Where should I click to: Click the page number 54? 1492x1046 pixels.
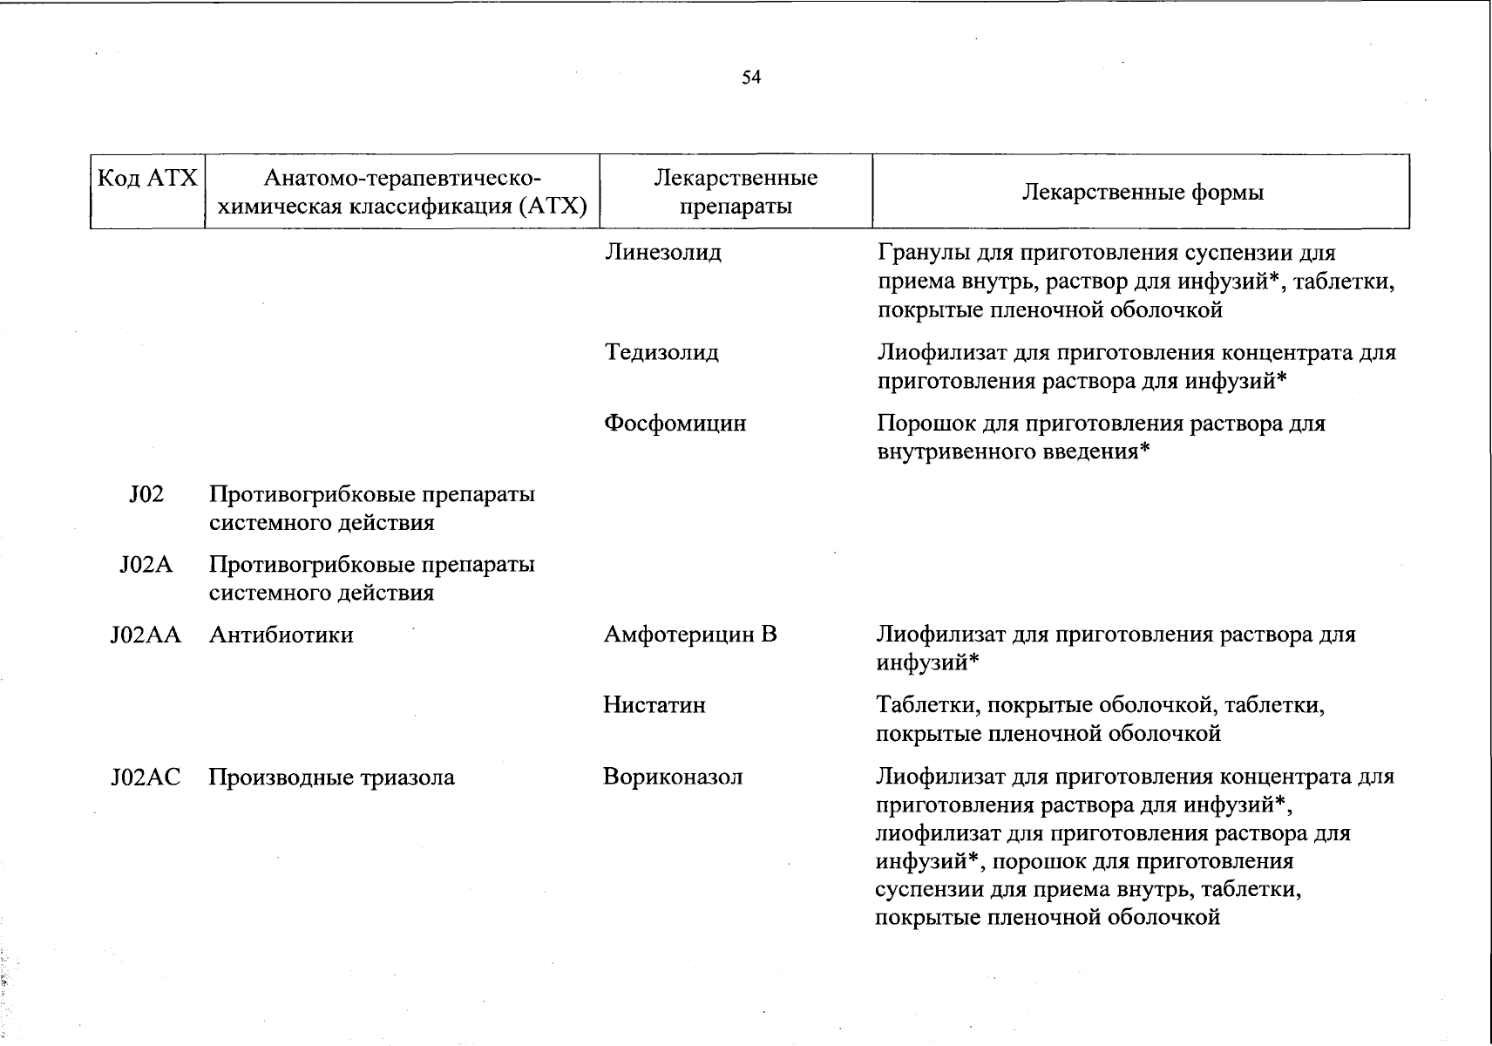click(751, 78)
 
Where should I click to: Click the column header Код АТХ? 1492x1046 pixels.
click(147, 179)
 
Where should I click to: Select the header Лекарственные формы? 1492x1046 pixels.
click(1142, 193)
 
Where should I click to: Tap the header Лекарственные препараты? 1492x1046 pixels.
click(736, 193)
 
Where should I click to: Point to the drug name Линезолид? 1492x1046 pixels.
click(663, 253)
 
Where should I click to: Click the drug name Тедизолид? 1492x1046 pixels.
click(661, 353)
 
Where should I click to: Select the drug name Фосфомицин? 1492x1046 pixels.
click(675, 424)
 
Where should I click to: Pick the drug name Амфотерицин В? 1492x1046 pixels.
click(690, 635)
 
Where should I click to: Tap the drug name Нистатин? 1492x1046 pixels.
click(654, 705)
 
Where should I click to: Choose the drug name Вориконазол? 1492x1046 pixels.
click(673, 777)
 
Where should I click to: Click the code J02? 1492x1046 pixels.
click(146, 494)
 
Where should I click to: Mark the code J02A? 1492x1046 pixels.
click(146, 565)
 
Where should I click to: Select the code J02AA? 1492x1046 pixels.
click(146, 635)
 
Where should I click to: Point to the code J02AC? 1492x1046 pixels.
click(146, 777)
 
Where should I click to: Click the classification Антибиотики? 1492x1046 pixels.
click(281, 635)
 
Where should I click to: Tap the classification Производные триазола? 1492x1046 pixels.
click(331, 777)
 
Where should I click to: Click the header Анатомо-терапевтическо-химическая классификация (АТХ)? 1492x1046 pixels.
click(402, 193)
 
